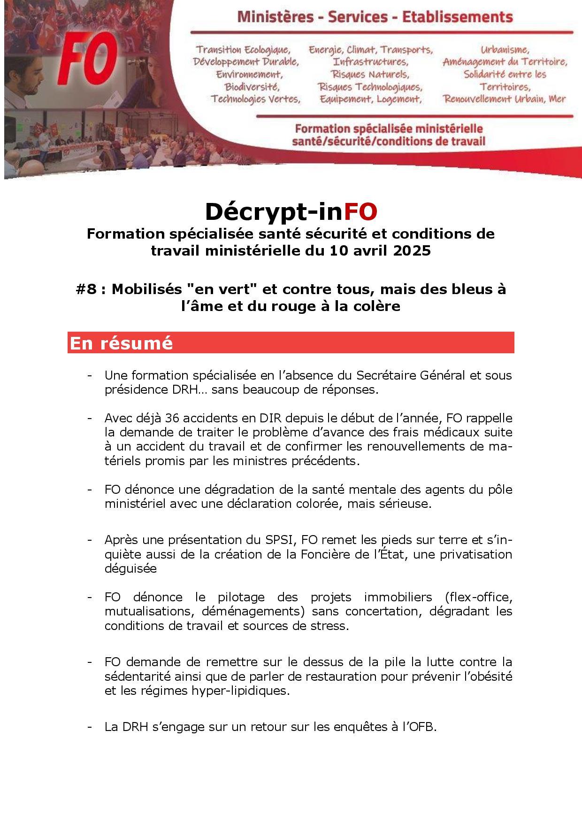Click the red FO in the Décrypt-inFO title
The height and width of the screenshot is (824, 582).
(360, 212)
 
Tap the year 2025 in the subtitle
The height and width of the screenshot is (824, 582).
(412, 251)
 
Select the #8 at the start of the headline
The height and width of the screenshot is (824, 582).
(87, 289)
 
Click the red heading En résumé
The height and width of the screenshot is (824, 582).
(121, 343)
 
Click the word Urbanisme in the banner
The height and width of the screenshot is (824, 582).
(505, 49)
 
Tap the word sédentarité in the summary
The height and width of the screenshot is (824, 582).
(136, 676)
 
